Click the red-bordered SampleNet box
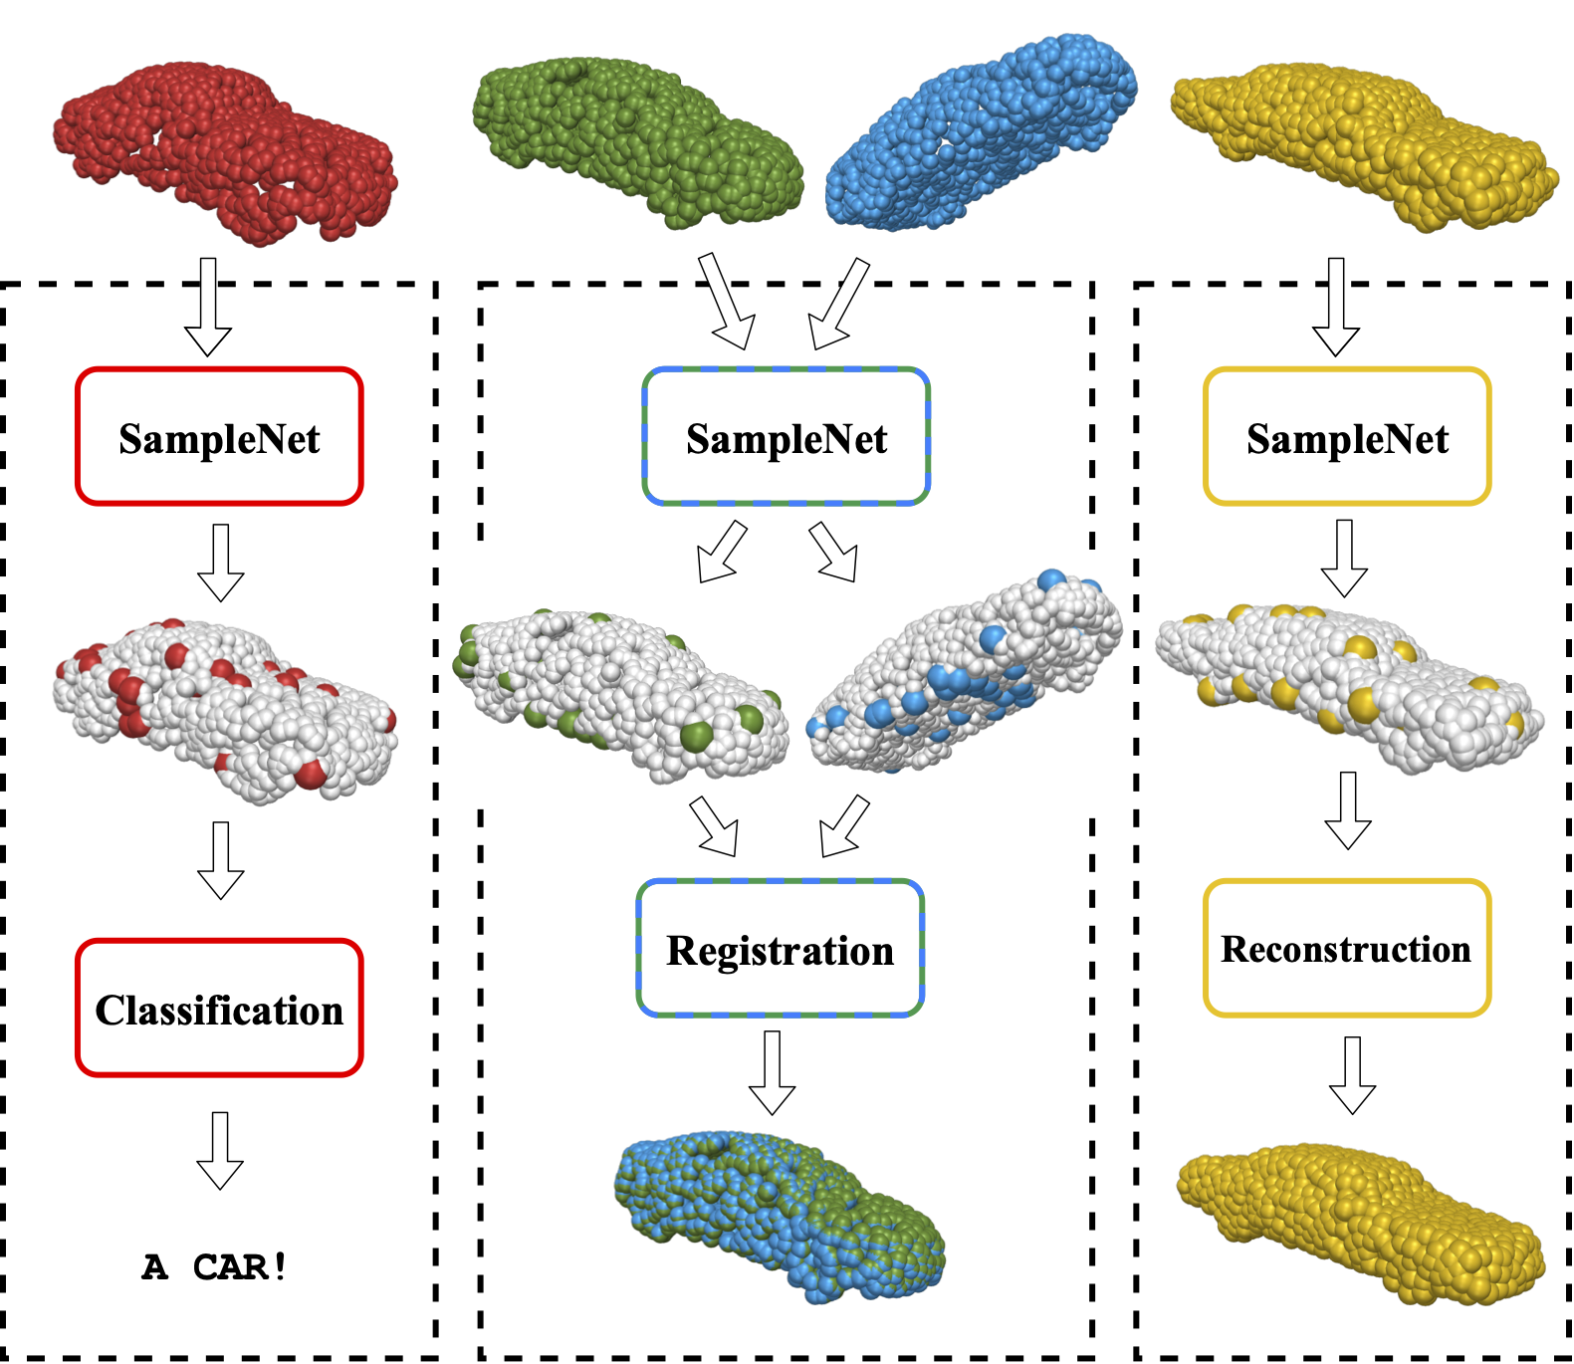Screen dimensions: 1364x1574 [219, 437]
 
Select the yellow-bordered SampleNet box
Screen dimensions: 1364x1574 [1347, 437]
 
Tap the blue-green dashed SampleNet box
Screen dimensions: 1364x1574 [787, 437]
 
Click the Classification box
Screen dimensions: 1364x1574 [219, 1009]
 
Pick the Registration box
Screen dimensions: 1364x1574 [781, 949]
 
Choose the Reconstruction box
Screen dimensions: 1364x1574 [1347, 949]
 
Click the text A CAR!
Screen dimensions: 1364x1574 [215, 1267]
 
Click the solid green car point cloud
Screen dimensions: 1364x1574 [637, 139]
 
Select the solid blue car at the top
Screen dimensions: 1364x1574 [981, 134]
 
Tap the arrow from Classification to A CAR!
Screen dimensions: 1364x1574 [220, 1151]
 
